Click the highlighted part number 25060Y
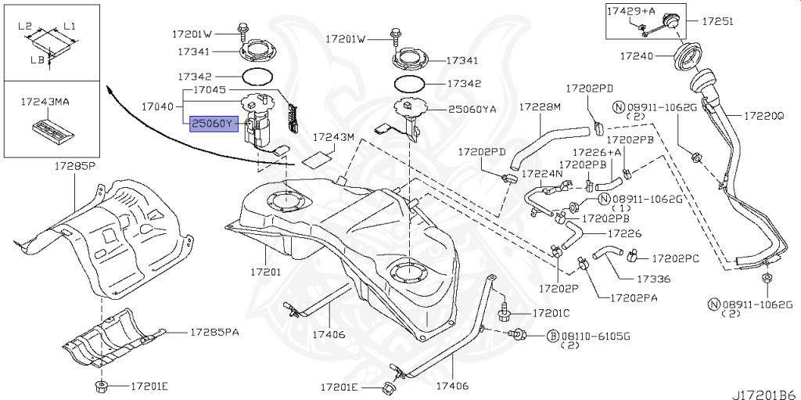click(213, 123)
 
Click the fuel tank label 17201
click(265, 272)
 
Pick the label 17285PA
click(216, 332)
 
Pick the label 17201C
click(552, 312)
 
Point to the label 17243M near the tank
click(334, 137)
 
